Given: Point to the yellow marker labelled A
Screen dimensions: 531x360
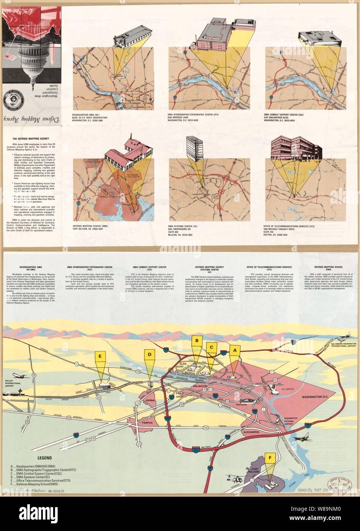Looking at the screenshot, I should pos(235,350).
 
